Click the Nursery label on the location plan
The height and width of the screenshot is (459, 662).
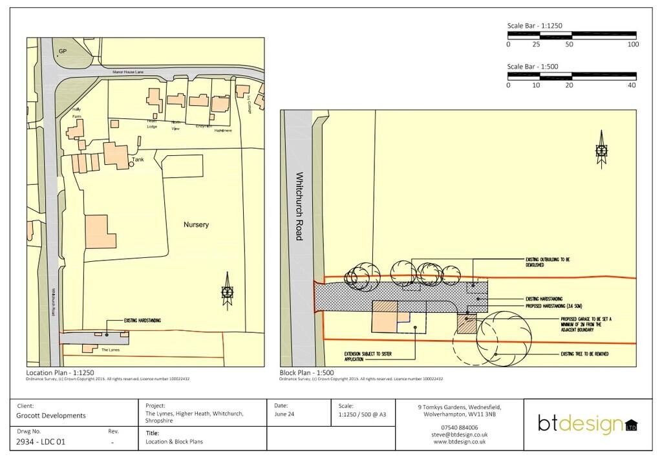coord(196,224)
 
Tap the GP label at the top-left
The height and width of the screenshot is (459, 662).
coord(63,51)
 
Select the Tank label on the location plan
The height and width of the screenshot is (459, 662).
coord(138,159)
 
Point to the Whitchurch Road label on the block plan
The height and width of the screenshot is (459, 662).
coord(299,206)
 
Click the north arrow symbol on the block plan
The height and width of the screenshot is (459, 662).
coord(601,151)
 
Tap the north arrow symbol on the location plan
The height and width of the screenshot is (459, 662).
coord(226,292)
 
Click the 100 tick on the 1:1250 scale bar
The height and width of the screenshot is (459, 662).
coord(633,45)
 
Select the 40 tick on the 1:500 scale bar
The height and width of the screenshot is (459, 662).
coord(632,85)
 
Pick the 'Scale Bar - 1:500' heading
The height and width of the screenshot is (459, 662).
coord(532,67)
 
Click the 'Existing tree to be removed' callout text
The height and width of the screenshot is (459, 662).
coord(584,354)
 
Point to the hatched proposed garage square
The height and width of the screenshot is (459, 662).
coord(466,323)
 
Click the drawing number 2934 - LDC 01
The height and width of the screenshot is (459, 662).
coord(41,442)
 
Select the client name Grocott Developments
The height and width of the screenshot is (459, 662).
coord(51,416)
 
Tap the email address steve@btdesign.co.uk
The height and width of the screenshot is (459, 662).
coord(459,434)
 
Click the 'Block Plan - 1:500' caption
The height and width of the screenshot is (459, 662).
coord(306,373)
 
